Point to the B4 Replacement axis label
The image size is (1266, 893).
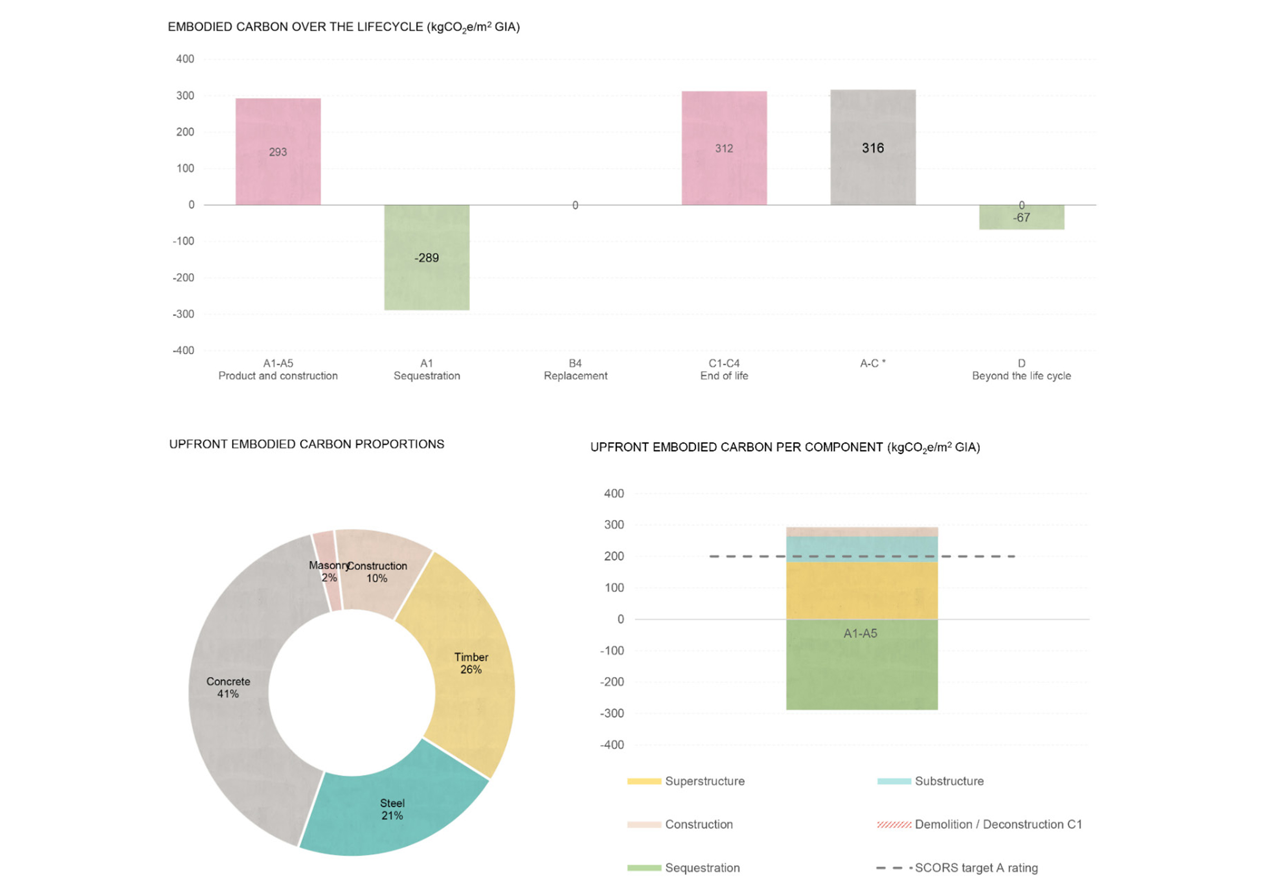click(x=575, y=369)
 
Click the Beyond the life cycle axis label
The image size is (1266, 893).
click(x=1021, y=376)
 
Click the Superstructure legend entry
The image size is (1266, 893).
click(x=704, y=781)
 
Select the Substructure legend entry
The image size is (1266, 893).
click(x=948, y=781)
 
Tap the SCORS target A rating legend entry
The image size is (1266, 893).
click(x=976, y=868)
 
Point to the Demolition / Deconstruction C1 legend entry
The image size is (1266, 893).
click(x=998, y=824)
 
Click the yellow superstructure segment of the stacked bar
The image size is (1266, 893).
click(x=862, y=590)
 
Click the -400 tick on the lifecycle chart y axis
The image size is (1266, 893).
click(x=184, y=350)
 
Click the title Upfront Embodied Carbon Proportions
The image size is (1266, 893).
click(x=306, y=444)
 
